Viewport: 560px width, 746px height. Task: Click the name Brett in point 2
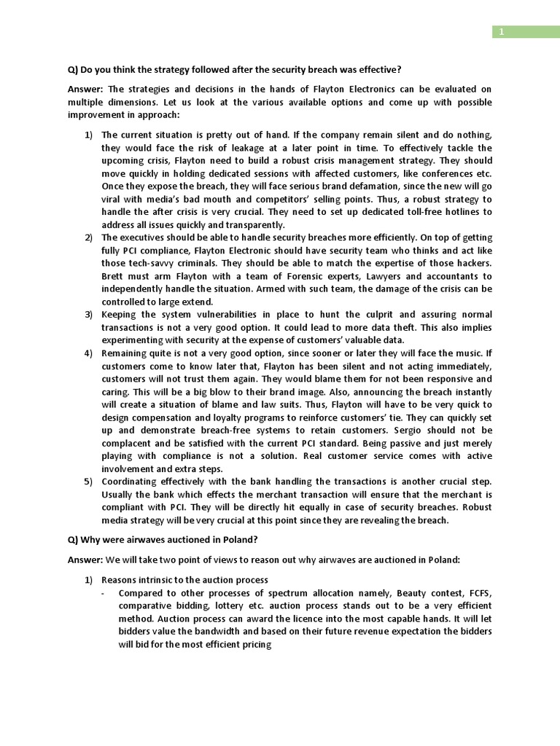[114, 276]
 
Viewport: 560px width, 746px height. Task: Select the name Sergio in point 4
[400, 430]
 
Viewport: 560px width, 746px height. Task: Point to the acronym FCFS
[478, 593]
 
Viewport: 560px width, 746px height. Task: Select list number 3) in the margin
[88, 315]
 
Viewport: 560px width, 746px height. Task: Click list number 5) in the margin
[88, 481]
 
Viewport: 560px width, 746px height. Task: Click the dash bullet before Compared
[104, 593]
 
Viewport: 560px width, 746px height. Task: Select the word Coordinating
[134, 481]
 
